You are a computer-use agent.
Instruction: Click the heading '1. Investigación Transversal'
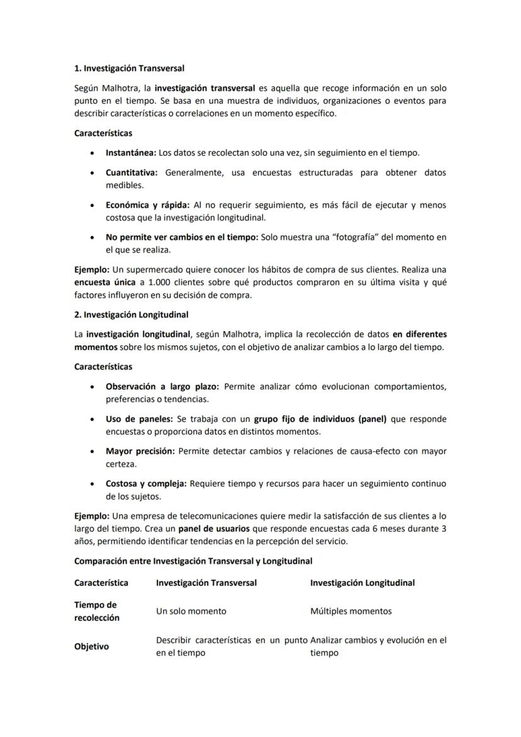(129, 68)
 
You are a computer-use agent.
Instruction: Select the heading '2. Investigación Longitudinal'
(131, 314)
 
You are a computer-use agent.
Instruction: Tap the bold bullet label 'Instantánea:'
(130, 153)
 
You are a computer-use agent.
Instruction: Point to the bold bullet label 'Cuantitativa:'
(132, 172)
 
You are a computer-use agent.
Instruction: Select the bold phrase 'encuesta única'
(103, 283)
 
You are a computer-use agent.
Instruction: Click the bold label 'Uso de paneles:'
(140, 419)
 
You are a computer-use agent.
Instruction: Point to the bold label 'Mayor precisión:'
(141, 451)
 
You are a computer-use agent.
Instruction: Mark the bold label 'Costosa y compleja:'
(146, 483)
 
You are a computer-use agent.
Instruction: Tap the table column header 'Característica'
(101, 583)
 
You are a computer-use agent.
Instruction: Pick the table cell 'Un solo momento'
(191, 611)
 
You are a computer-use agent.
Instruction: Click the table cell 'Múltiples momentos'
(350, 611)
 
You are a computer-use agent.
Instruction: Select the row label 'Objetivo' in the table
(91, 646)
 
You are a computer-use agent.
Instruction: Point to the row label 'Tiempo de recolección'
(96, 611)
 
